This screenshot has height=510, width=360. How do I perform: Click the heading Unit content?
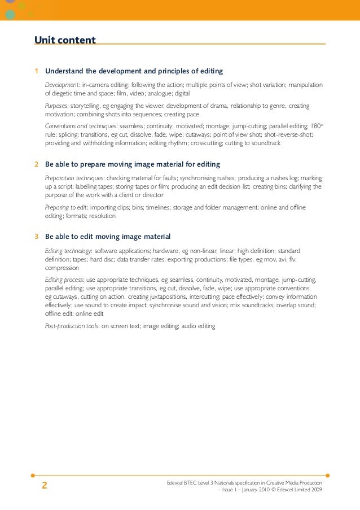65,40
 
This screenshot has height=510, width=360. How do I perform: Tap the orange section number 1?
37,71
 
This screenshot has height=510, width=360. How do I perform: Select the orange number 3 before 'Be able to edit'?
37,236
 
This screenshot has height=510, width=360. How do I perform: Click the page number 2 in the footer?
45,485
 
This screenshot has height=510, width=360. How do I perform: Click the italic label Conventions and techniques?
81,127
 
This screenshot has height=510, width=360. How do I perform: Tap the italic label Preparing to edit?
65,207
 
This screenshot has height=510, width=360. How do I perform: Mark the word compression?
62,268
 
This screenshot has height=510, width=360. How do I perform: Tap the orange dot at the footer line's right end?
328,475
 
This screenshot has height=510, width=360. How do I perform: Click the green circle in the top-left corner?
10,14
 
